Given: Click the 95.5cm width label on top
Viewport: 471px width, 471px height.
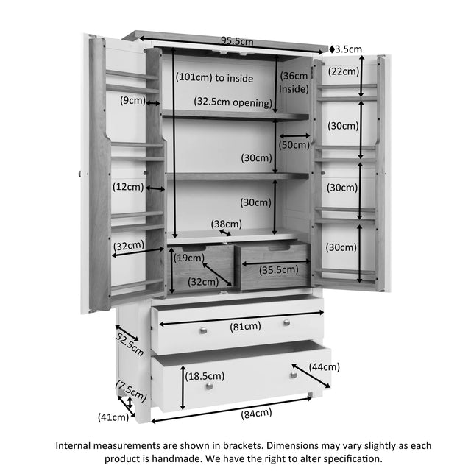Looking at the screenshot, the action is [237, 41].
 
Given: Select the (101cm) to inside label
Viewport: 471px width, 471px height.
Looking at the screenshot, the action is [214, 78].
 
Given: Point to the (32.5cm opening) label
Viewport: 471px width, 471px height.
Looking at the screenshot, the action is [233, 102].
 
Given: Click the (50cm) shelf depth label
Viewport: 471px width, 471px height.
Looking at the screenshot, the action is [294, 145].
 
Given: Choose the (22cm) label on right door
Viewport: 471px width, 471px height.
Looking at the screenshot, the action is [344, 71].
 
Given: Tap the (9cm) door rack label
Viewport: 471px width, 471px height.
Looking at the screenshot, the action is [132, 100].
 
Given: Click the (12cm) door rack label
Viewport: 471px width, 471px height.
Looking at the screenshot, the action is [128, 187].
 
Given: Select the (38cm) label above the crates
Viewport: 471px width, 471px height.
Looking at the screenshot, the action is [227, 224].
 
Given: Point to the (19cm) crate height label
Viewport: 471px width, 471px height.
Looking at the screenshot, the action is [189, 258].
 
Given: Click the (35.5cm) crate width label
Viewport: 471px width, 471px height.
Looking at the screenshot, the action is [279, 270].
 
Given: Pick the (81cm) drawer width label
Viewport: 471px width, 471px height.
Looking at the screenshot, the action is [245, 326].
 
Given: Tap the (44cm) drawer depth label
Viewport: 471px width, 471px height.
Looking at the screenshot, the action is [325, 366].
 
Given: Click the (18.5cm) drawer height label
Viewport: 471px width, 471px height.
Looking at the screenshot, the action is [205, 376].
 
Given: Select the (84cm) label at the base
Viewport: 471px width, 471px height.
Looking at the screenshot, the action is [256, 414].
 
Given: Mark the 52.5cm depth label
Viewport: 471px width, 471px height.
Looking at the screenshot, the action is [130, 344].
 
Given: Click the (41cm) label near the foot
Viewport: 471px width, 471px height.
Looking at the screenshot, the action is [113, 417].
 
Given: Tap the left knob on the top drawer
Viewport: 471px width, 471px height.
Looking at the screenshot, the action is [203, 330].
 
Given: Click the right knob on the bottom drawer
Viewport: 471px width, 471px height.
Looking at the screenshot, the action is [294, 375].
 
